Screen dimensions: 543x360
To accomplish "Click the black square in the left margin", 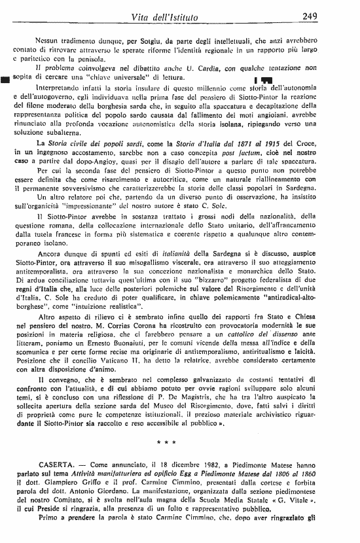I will pyautogui.click(x=6, y=80).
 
